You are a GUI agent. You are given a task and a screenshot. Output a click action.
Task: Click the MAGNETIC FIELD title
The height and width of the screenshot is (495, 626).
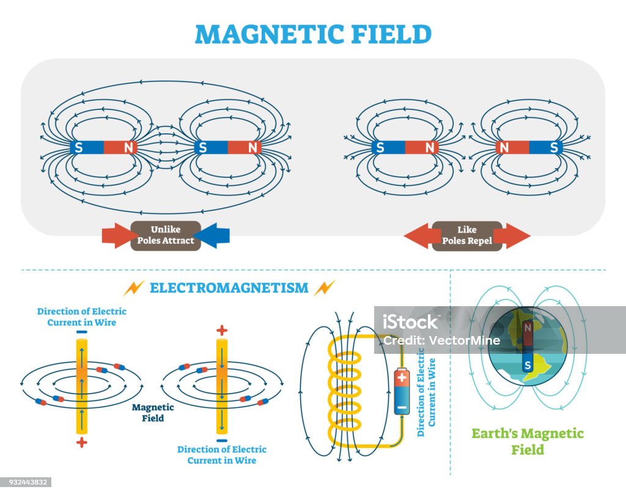tap(314, 34)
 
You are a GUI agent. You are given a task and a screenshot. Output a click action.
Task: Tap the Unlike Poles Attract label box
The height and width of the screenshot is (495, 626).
tap(166, 235)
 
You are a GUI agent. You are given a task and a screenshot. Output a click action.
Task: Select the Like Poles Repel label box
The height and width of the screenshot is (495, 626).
tap(467, 236)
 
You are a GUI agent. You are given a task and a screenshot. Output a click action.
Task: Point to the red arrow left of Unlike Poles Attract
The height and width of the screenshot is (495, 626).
tap(117, 235)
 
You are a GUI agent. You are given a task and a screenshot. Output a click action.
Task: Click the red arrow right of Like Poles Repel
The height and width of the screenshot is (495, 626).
tap(515, 236)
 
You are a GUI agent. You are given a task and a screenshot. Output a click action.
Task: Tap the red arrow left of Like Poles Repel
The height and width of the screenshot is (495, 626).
tap(419, 236)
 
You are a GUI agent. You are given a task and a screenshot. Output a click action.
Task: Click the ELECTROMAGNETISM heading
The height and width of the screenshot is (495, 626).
tap(229, 288)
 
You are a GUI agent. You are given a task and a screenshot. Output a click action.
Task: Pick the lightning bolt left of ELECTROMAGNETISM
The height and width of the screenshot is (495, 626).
tap(133, 288)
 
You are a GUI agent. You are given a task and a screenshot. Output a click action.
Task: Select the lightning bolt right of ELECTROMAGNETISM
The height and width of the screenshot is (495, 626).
tap(324, 288)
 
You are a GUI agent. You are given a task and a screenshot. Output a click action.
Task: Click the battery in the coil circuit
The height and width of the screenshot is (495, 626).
tap(402, 391)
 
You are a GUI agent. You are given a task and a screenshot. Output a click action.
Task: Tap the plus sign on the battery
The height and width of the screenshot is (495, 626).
tap(402, 377)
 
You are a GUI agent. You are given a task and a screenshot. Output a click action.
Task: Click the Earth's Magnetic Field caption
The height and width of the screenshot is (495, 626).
tap(528, 441)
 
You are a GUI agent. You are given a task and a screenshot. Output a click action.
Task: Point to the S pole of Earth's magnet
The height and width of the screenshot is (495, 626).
tap(528, 365)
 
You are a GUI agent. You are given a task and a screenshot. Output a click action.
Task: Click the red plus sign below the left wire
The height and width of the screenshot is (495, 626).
tap(81, 442)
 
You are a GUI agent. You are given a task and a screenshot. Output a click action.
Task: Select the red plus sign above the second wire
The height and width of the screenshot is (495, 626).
tap(221, 330)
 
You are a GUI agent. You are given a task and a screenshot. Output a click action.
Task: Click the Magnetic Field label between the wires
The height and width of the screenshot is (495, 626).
tap(153, 413)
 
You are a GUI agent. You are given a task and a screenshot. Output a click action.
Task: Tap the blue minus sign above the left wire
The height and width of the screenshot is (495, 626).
tap(81, 332)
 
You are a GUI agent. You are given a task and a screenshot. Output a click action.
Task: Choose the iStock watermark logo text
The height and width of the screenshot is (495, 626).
tap(410, 322)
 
